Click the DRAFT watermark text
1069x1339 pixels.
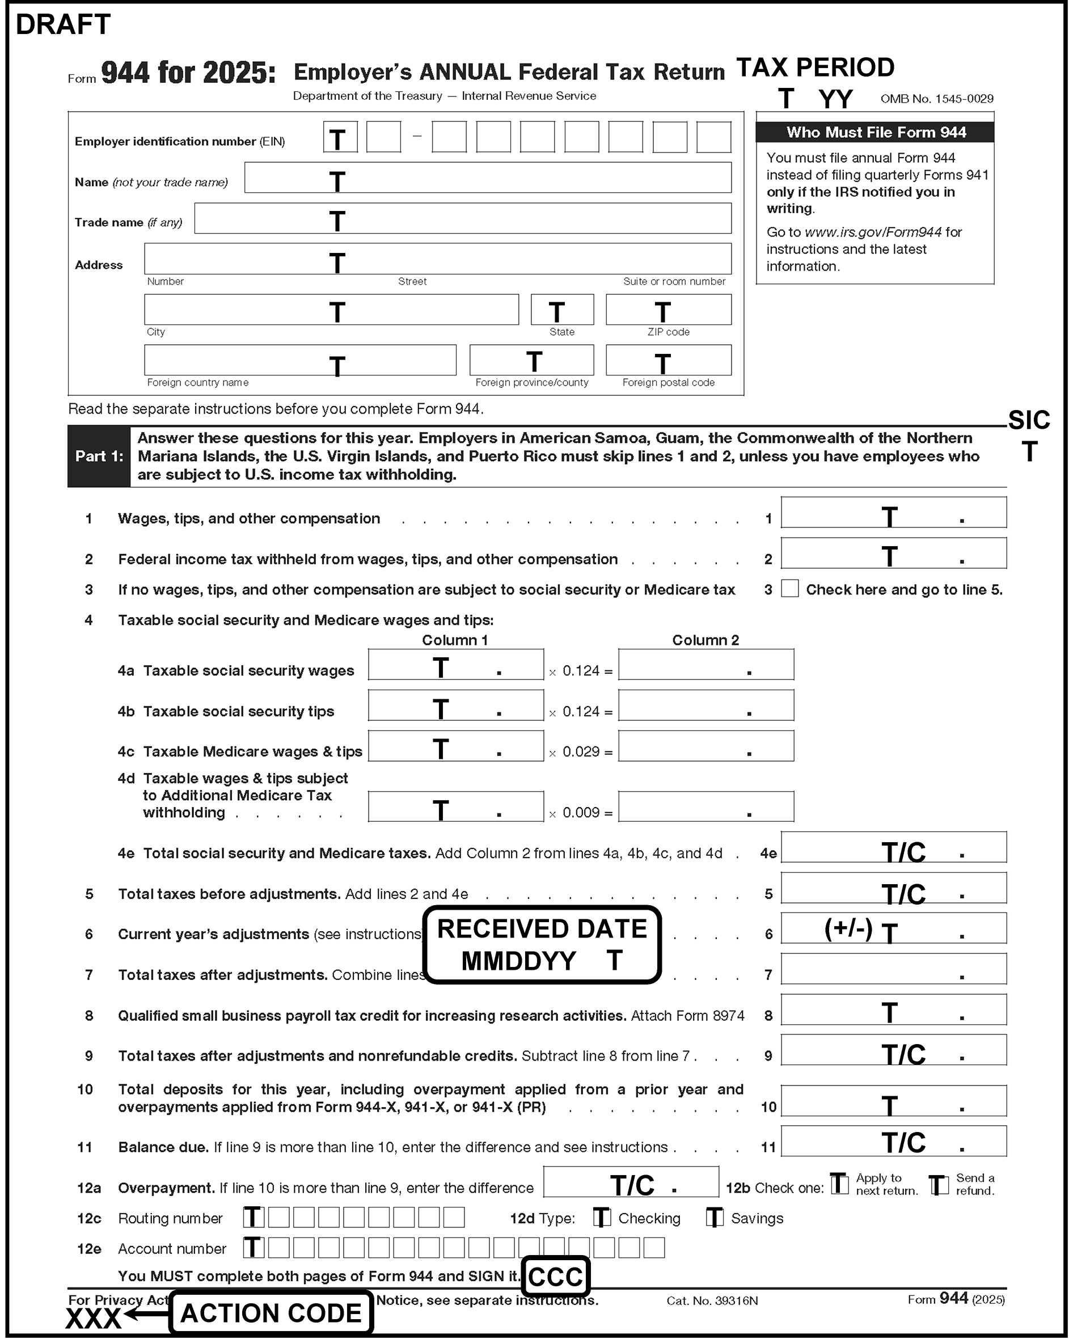tap(63, 25)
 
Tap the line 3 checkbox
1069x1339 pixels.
tap(789, 589)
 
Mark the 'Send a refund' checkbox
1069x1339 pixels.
tap(939, 1184)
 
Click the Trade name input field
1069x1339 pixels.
tap(462, 218)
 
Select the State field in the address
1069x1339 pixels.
tap(562, 309)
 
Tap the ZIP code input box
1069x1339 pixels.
tap(669, 309)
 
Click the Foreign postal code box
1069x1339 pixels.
tap(669, 360)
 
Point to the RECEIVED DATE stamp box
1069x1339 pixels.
tap(542, 945)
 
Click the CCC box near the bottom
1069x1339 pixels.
tap(555, 1277)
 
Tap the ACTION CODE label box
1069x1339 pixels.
tap(271, 1313)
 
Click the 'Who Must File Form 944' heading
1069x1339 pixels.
tap(875, 132)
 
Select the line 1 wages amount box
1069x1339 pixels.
tap(893, 512)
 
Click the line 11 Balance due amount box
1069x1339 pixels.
tap(893, 1141)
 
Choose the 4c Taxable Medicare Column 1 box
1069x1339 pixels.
tap(455, 746)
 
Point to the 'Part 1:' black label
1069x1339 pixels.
tap(99, 457)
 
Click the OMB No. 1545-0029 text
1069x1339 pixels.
tap(937, 99)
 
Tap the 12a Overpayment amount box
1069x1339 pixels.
tap(631, 1182)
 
